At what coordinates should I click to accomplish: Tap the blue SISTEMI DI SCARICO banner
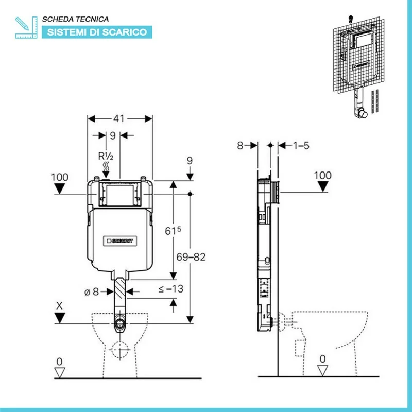point(97,32)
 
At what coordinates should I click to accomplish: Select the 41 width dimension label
point(119,119)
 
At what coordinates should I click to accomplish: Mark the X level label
point(60,305)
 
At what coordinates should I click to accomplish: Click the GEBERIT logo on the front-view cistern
point(120,240)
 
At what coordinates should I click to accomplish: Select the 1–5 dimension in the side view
point(301,146)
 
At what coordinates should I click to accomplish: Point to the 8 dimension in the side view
point(240,146)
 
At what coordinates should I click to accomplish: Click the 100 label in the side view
point(323,175)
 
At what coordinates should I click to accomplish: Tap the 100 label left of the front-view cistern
point(60,177)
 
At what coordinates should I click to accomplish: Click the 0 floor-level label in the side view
point(323,358)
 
